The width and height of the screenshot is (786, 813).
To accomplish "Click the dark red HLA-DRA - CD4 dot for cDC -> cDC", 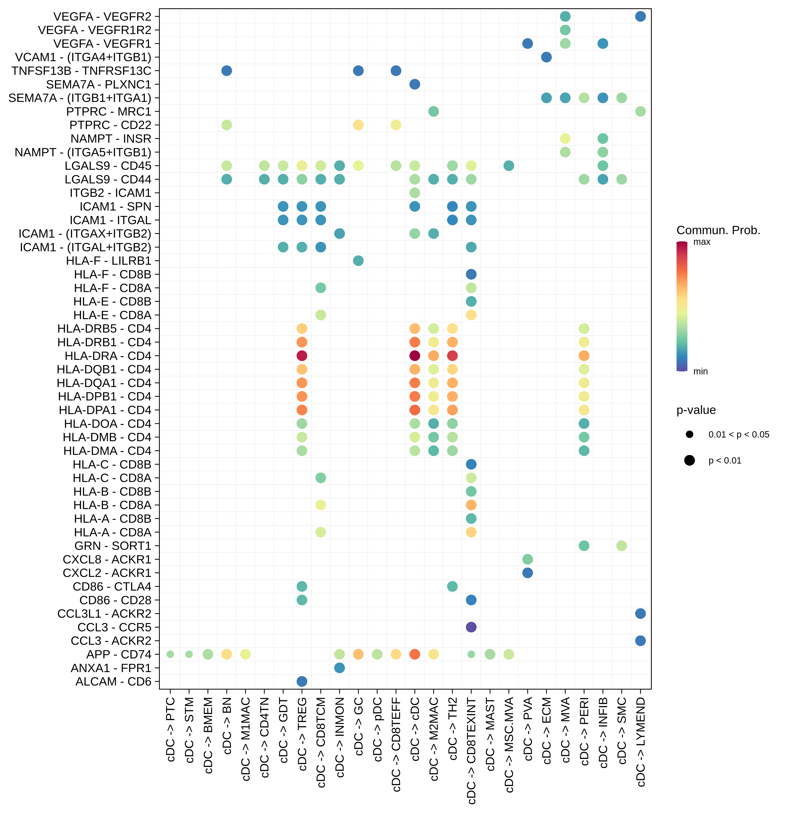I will [x=414, y=356].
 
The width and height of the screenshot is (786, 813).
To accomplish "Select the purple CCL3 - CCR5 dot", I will [x=471, y=627].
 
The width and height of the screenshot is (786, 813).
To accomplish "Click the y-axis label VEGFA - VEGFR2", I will [x=102, y=17].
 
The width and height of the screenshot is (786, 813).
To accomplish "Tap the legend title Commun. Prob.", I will [x=718, y=230].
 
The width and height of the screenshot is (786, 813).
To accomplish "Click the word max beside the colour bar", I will [x=702, y=242].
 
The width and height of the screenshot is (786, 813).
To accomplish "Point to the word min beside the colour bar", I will [x=701, y=371].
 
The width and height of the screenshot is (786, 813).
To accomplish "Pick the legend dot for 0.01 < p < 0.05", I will [x=689, y=434].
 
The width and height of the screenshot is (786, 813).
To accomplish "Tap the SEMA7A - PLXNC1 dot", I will [x=414, y=84].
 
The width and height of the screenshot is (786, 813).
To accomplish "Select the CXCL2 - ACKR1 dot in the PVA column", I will [x=527, y=573].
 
